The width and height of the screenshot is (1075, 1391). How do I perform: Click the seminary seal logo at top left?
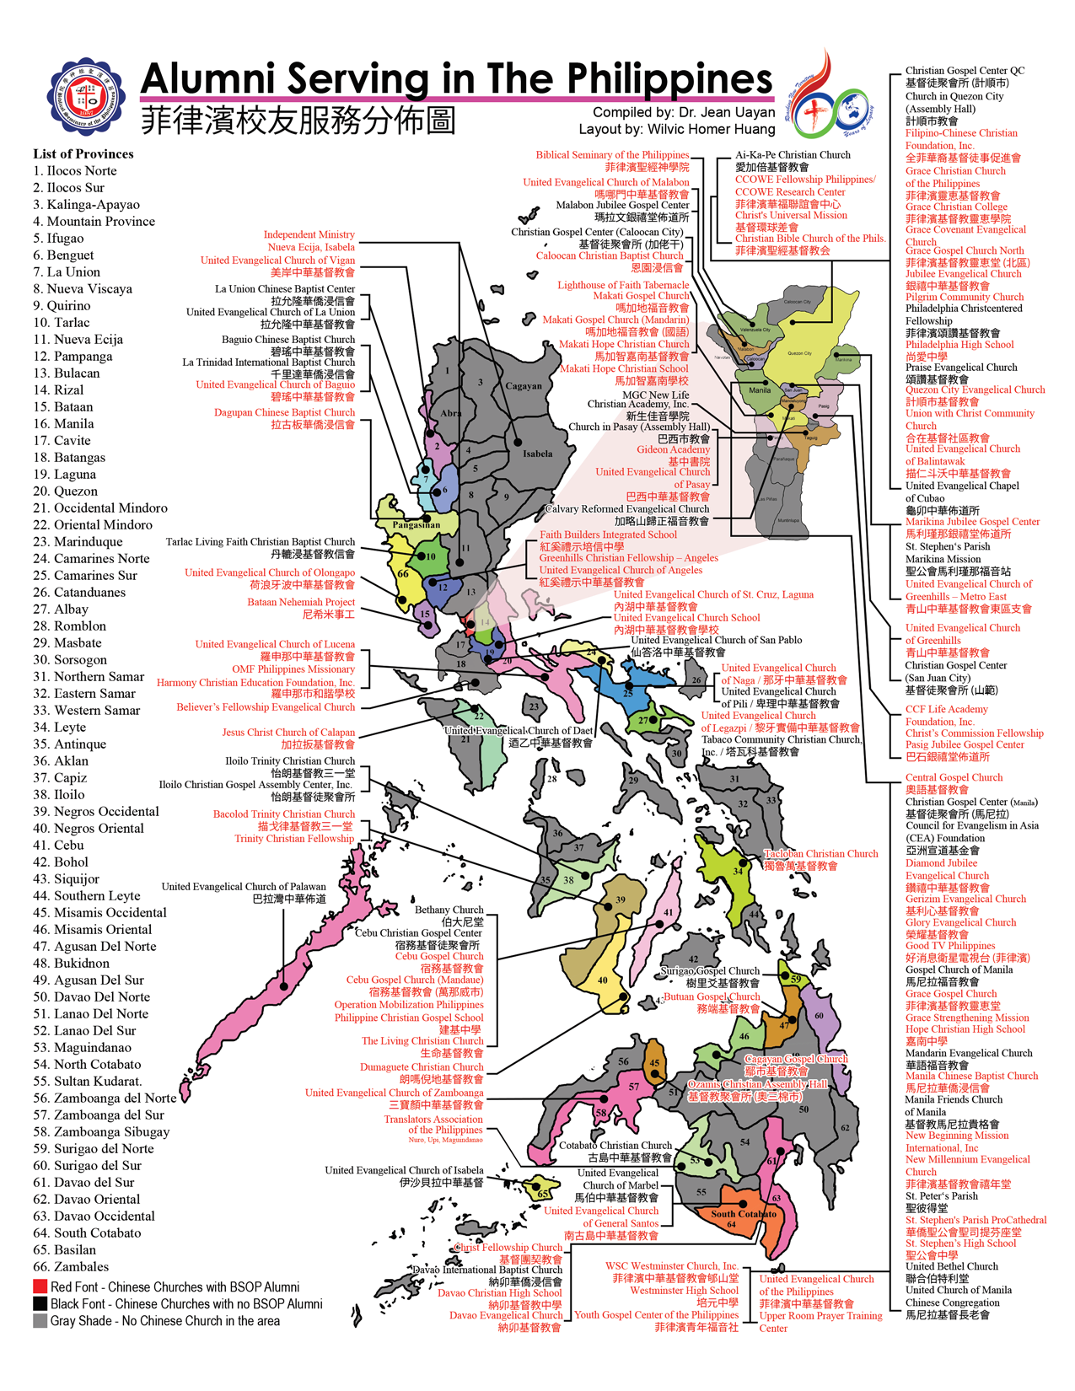tap(85, 97)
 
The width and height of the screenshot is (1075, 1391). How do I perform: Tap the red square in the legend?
tap(40, 1286)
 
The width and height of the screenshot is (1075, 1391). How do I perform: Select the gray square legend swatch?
tap(40, 1320)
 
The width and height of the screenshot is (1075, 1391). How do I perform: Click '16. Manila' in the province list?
tap(64, 424)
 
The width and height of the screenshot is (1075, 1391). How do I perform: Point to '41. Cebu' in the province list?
tap(59, 846)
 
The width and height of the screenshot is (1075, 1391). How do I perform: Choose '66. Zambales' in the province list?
tap(71, 1267)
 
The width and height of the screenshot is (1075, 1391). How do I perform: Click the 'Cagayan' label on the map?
tap(524, 386)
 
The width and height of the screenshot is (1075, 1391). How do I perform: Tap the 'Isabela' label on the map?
tap(538, 454)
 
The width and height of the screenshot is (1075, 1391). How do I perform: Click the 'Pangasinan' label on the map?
tap(417, 524)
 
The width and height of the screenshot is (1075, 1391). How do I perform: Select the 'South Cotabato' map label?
tap(743, 1214)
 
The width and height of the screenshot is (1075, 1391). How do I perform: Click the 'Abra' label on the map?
tap(451, 413)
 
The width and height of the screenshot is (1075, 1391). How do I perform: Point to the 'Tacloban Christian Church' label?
tap(820, 854)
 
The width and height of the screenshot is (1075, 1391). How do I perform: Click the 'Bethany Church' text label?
tap(449, 910)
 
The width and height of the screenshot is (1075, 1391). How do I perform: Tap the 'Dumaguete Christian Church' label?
tap(422, 1066)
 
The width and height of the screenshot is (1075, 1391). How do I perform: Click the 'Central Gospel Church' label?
tap(954, 777)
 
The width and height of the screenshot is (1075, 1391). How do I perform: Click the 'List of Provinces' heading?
tap(83, 153)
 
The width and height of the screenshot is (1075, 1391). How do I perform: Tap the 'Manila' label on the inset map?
tap(760, 390)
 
